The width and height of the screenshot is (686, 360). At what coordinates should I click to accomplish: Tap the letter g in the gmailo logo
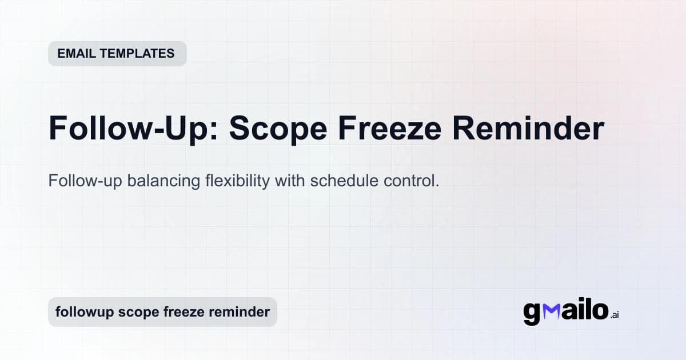click(x=532, y=313)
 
